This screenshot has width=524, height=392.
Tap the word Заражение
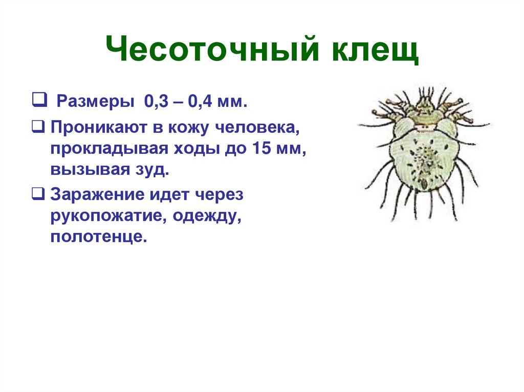coord(96,197)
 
